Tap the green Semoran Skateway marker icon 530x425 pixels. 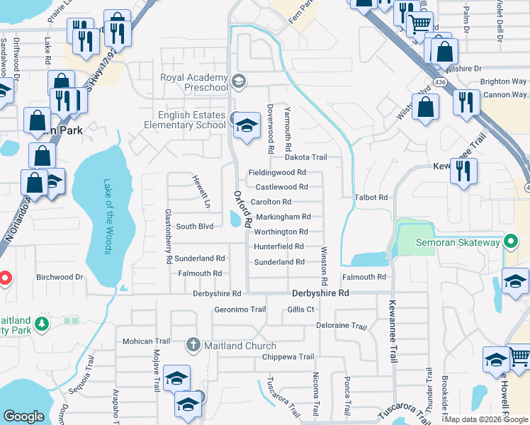tap(509, 243)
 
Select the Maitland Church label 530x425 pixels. tap(230, 346)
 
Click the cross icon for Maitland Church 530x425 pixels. tap(192, 346)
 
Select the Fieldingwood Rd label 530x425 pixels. tap(277, 172)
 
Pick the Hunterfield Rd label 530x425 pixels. tap(278, 246)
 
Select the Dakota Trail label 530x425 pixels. tap(305, 157)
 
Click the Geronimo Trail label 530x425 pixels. tap(239, 310)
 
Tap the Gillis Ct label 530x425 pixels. tap(300, 310)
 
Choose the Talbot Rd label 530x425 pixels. tap(373, 198)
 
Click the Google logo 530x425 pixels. tap(23, 416)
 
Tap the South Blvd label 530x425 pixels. tap(195, 227)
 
